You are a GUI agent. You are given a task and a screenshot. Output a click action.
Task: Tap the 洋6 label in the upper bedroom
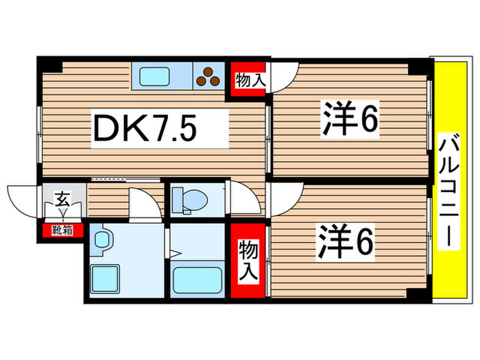[350, 121]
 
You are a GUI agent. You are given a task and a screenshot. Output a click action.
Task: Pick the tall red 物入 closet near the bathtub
[248, 261]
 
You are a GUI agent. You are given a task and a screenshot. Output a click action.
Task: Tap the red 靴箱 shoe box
[60, 230]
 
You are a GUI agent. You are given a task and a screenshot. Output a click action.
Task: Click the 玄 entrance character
[62, 200]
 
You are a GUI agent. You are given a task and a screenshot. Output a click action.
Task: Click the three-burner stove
[208, 75]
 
